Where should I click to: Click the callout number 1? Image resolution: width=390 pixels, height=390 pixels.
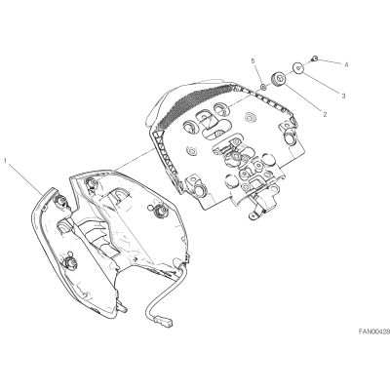coord(6,160)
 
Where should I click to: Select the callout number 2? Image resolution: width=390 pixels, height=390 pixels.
coord(325,114)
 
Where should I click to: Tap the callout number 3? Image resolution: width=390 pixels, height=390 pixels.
coord(343,96)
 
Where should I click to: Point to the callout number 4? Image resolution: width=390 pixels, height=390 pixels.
coord(347,65)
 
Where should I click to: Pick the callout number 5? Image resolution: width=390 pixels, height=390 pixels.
coord(253,61)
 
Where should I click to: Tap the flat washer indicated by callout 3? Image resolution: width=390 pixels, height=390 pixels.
coord(298,68)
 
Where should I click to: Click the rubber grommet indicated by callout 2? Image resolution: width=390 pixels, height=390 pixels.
coord(278,80)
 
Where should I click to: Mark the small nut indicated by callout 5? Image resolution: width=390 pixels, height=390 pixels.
coord(264,87)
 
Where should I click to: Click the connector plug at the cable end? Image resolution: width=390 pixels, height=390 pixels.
coord(165,321)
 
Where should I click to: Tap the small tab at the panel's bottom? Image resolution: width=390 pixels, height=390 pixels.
coord(253,215)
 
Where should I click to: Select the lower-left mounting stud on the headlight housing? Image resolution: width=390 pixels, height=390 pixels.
coord(69,262)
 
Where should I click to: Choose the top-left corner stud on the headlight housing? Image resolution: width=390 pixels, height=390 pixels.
coord(92,184)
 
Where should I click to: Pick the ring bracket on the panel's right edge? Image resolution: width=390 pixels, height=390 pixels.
coord(290,135)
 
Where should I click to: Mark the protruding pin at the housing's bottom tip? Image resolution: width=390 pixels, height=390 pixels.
coord(122,308)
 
